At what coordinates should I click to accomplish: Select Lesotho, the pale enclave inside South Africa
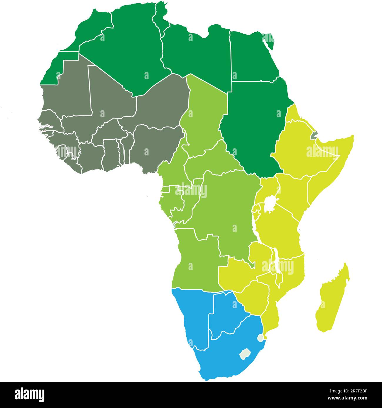pyautogui.click(x=244, y=354)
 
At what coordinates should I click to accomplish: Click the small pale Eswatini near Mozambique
pyautogui.click(x=260, y=338)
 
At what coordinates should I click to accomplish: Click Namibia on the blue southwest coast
pyautogui.click(x=194, y=317)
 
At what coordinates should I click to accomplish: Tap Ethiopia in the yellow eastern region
pyautogui.click(x=297, y=147)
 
